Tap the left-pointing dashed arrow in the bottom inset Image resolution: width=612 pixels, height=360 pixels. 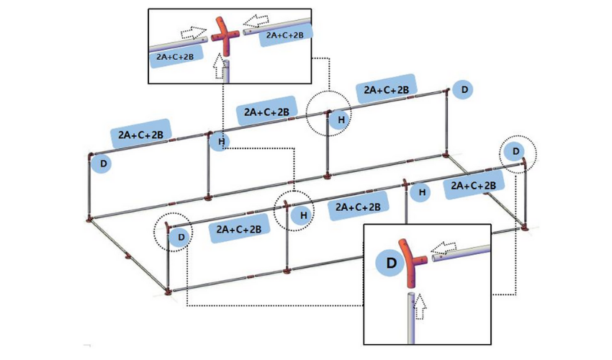[445, 248]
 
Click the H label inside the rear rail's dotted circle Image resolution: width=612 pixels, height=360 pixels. [342, 119]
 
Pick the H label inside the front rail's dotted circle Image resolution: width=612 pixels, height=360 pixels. [304, 215]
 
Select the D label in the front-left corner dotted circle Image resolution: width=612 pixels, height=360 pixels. [181, 235]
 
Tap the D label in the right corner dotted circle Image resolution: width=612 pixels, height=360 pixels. [515, 151]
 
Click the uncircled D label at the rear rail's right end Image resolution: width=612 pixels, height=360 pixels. [464, 90]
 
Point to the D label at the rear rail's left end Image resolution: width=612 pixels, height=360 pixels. [104, 164]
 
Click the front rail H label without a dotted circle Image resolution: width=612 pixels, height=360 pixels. [422, 192]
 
